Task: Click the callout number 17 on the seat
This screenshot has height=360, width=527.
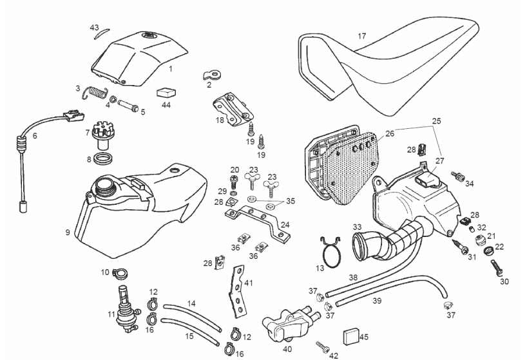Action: point(362,37)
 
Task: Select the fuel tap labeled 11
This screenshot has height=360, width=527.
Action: point(120,303)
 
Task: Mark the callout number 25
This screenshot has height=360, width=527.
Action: point(436,121)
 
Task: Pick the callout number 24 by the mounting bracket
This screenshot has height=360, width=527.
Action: point(285,225)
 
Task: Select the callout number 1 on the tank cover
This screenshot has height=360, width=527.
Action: point(170,68)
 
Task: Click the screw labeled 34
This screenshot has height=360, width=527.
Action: point(458,176)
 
